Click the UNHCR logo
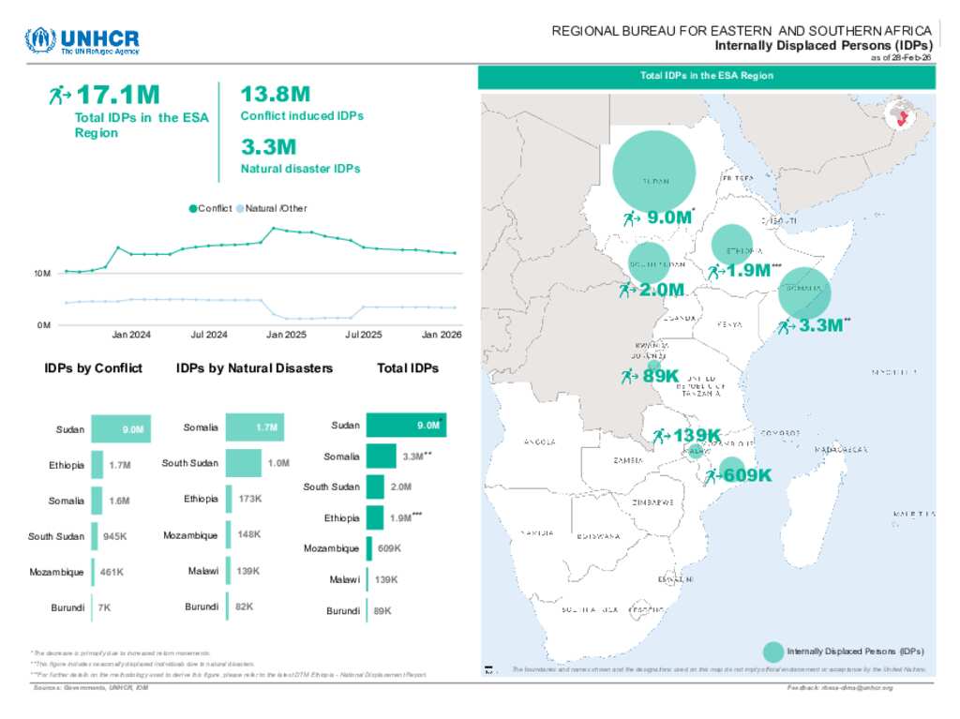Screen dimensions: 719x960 pos(82,41)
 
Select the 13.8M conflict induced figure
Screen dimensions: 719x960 pos(275,95)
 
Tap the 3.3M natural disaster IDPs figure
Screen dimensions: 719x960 pos(268,147)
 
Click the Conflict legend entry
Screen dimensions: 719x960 pos(211,208)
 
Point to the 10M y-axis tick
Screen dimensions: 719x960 pos(41,274)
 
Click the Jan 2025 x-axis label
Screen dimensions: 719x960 pos(286,335)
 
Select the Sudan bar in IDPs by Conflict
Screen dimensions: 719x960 pos(120,429)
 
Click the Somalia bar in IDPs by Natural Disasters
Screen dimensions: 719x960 pos(254,427)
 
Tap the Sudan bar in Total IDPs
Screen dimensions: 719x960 pos(406,426)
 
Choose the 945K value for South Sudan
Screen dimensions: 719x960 pos(115,536)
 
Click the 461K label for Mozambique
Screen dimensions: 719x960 pos(112,572)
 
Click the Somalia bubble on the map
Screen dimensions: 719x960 pos(805,293)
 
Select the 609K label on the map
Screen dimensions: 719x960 pos(747,475)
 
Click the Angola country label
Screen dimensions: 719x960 pos(540,442)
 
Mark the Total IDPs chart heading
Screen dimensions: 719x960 pos(408,368)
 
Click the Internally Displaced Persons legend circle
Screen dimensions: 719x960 pos(773,652)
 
